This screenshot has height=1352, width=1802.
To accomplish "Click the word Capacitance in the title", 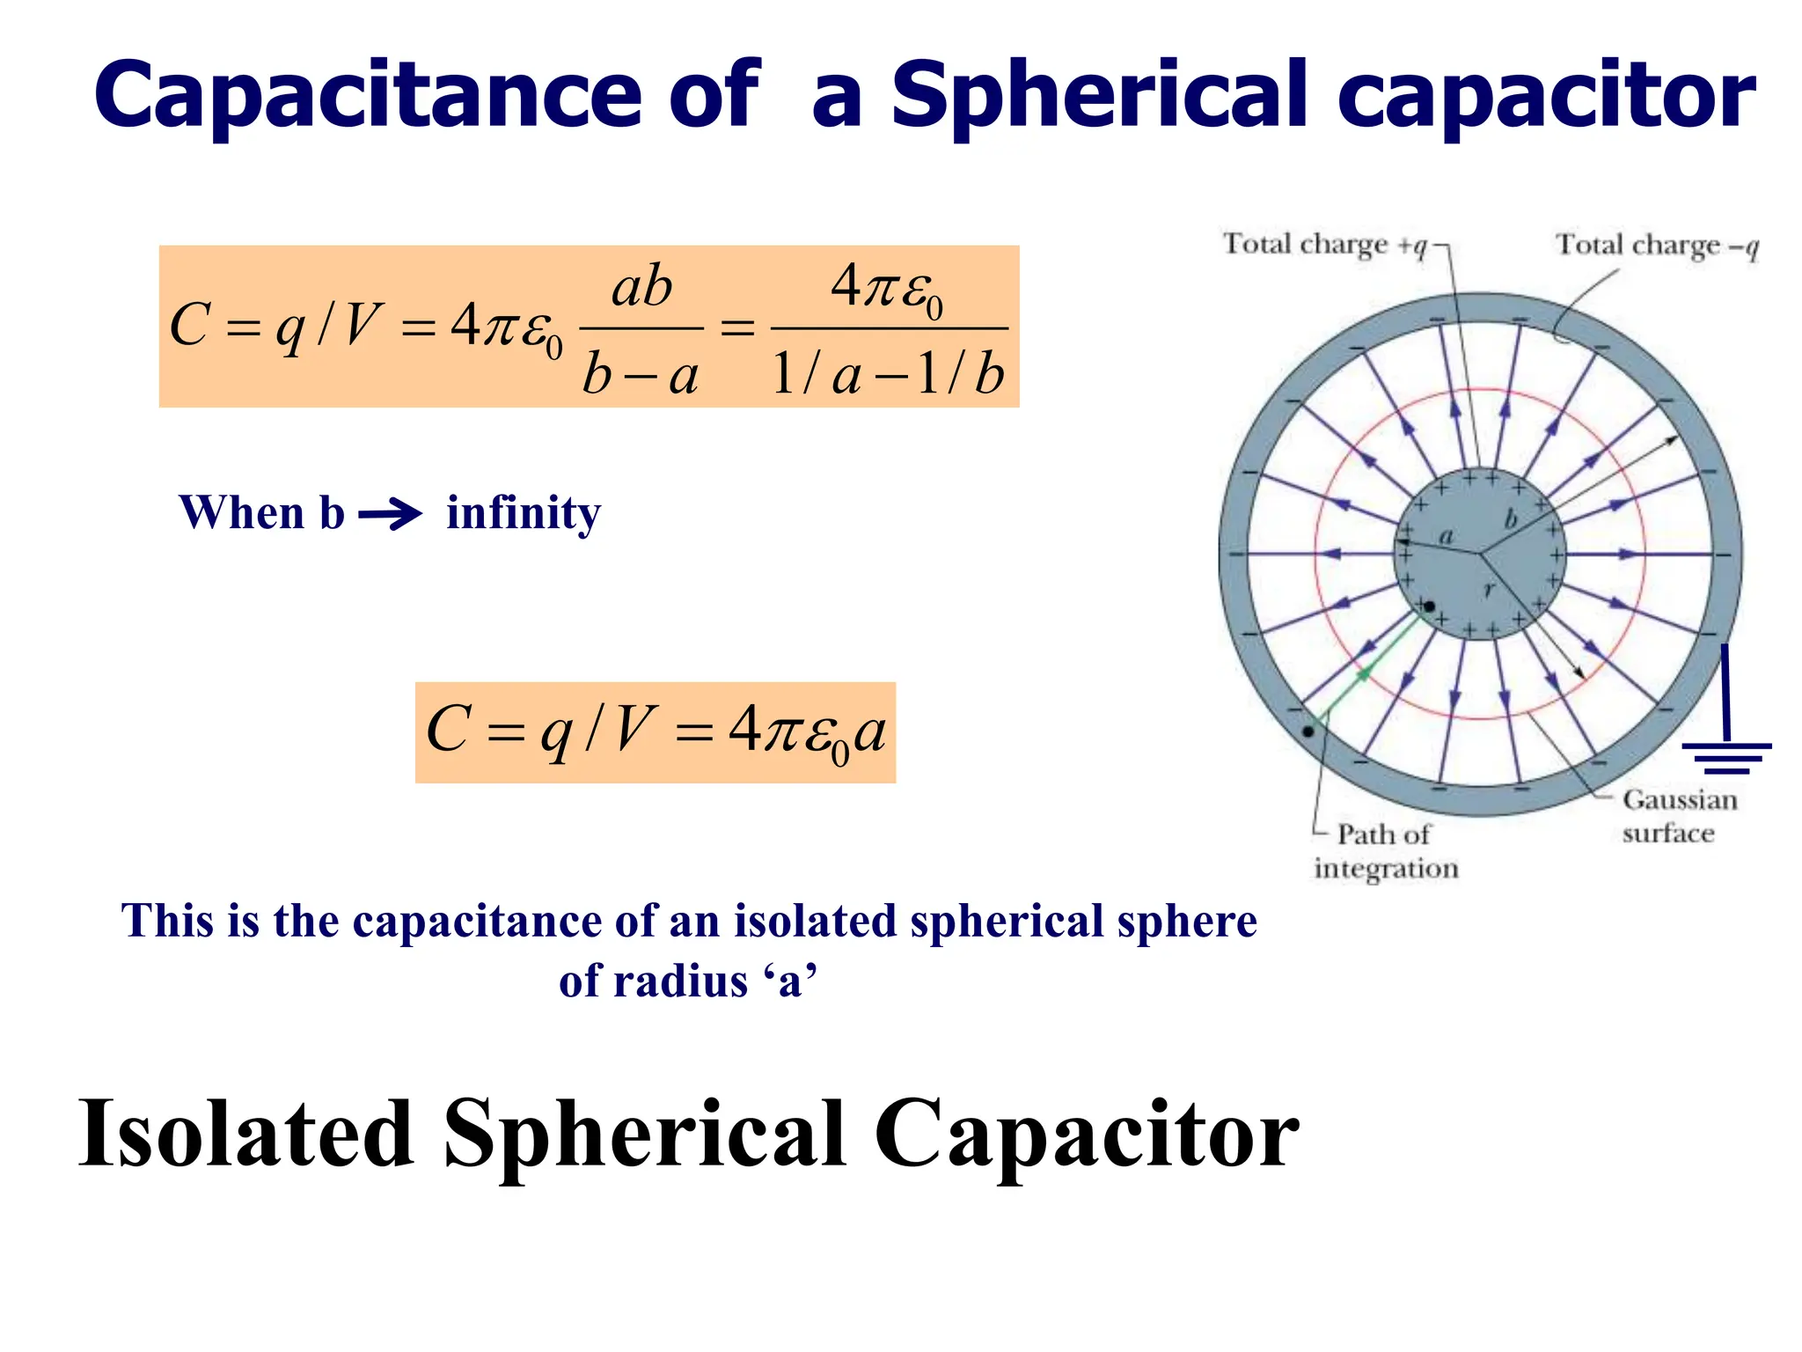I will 368,95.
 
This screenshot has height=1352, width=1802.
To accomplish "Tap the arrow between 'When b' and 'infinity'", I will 391,513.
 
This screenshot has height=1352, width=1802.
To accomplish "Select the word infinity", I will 524,513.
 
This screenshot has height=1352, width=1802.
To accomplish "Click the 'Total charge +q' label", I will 1325,245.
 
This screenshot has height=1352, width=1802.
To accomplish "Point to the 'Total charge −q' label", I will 1657,245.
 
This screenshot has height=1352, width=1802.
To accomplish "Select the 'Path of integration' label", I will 1385,850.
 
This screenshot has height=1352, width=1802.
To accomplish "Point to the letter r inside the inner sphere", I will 1489,591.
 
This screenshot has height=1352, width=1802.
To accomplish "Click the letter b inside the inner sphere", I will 1512,519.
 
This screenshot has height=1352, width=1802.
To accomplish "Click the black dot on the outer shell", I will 1308,731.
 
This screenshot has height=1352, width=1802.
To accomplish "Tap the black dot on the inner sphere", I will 1429,606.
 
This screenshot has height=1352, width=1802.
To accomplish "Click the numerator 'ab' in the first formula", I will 641,288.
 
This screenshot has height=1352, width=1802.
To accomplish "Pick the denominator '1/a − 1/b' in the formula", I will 888,374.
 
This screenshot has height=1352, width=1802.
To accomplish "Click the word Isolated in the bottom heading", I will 246,1135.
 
